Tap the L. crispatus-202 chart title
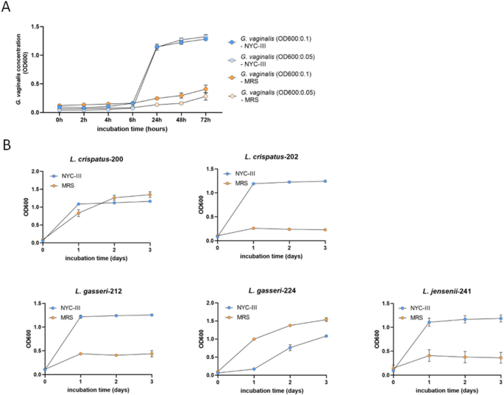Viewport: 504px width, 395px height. pos(272,158)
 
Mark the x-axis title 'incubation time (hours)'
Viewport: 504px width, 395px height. pos(132,129)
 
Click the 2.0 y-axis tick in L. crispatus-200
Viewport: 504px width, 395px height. pos(32,172)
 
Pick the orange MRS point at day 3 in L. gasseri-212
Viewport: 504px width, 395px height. pos(152,354)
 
